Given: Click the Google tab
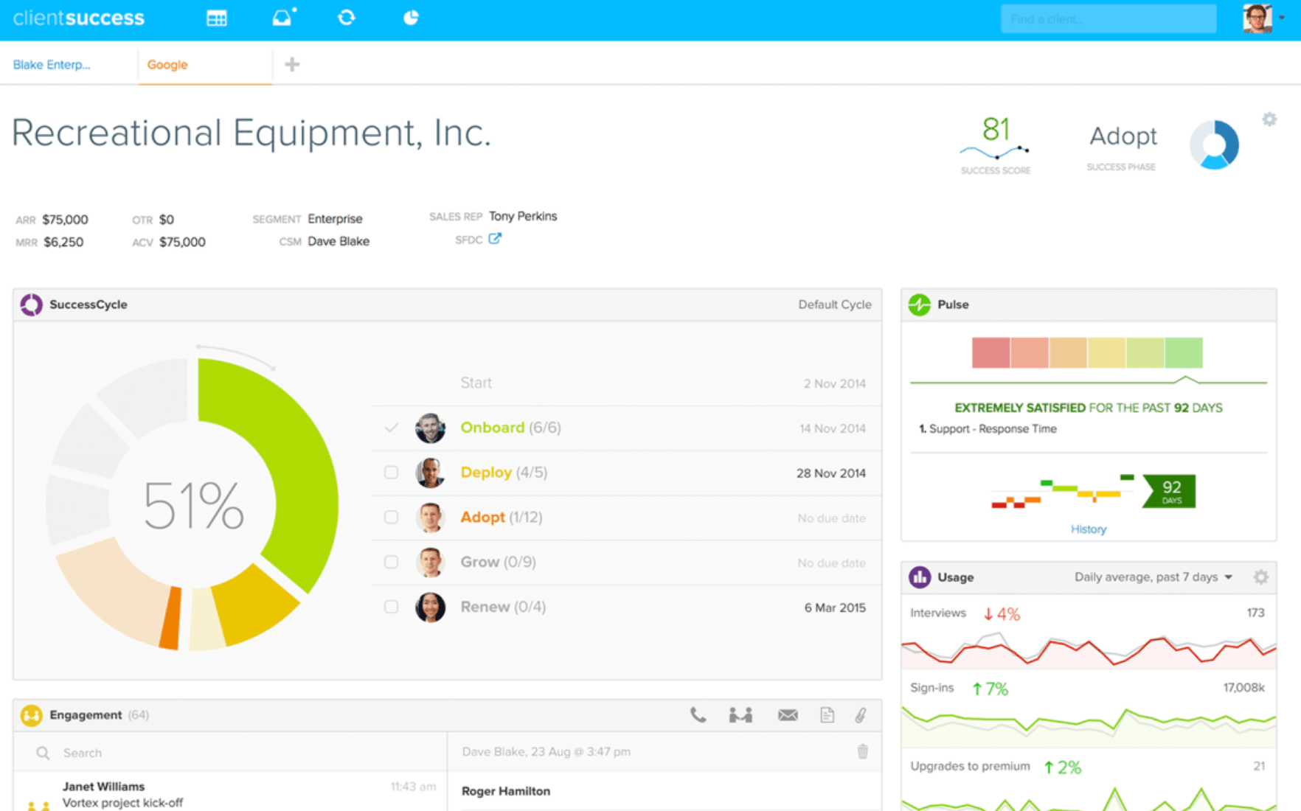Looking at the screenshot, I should click(x=167, y=65).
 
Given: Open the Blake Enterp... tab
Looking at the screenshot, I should click(x=52, y=65).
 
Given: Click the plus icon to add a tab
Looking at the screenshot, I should click(x=292, y=65).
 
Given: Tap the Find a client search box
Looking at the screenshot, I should click(x=1107, y=19).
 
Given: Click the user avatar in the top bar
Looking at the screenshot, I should click(x=1257, y=18).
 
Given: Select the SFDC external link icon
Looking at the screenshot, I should click(x=495, y=239).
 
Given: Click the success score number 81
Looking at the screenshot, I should click(x=996, y=130).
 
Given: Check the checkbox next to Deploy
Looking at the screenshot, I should click(x=391, y=473).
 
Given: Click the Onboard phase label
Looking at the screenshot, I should click(x=492, y=428).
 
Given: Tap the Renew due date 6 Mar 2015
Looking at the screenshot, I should click(x=834, y=608).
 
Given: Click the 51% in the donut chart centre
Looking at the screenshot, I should click(x=193, y=506).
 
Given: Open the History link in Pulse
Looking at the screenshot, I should click(x=1088, y=529).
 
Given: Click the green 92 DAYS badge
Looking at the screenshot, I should click(x=1170, y=491).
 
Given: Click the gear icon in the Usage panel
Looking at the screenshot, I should click(x=1261, y=577).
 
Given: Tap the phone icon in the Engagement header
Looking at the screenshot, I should click(x=698, y=715).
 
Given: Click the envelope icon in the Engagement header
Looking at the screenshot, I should click(x=787, y=715).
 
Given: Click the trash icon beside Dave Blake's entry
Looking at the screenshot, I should click(x=862, y=752).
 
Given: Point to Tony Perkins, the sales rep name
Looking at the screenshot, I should click(x=523, y=216).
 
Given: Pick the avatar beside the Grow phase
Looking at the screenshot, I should click(x=430, y=563).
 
